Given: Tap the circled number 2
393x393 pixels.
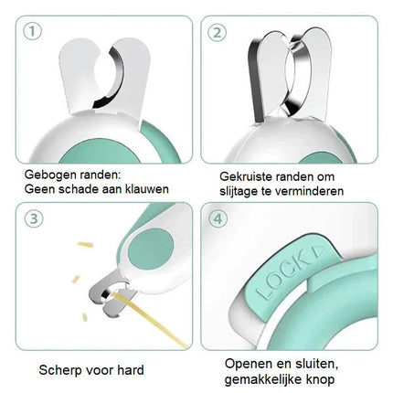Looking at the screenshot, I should coord(218,32).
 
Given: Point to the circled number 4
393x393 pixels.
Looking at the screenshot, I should coord(218,218).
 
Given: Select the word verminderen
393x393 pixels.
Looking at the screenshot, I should coord(314,189).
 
